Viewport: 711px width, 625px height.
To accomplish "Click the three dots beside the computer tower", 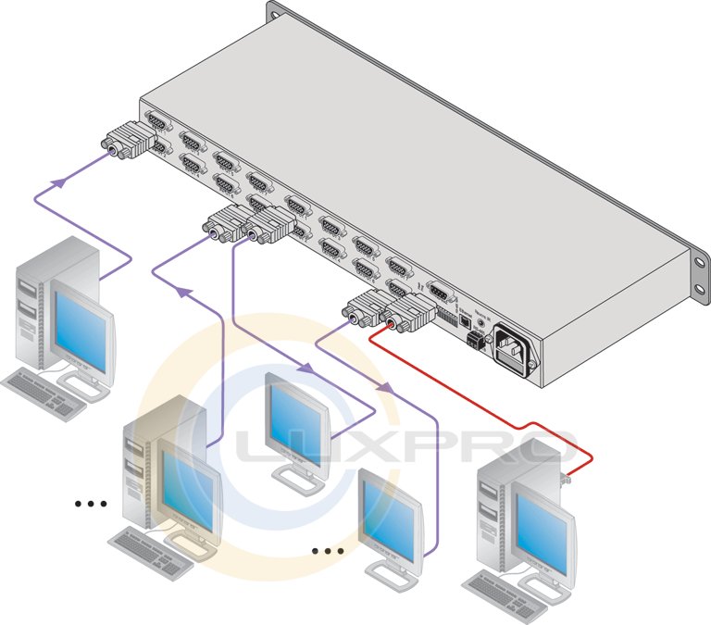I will [x=91, y=504].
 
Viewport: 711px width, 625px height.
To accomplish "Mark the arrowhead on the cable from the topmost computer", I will [x=60, y=183].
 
